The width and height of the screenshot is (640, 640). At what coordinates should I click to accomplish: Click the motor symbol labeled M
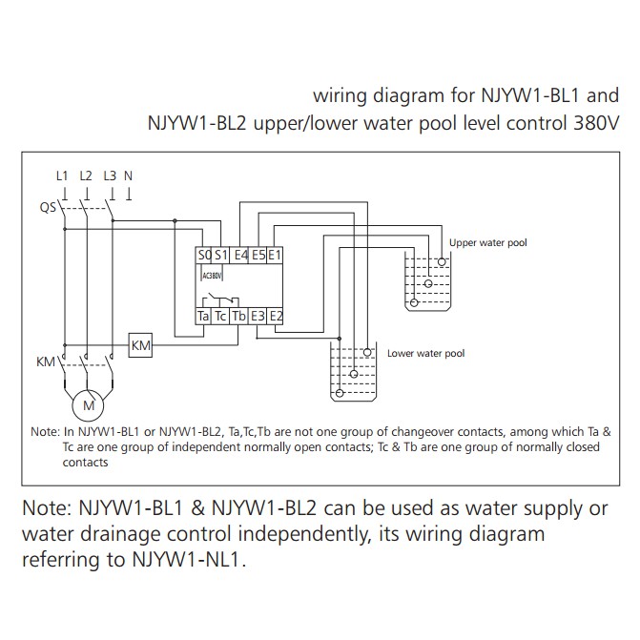pos(89,405)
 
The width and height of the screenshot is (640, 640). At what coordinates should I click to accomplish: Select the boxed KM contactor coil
pos(140,346)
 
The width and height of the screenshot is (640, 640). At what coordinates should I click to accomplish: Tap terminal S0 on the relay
pos(204,256)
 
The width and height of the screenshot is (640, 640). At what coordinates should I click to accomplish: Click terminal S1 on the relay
pos(221,256)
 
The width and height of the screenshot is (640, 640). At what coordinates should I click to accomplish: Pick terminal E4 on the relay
pos(241,256)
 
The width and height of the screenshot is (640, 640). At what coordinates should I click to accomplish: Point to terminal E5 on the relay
pos(258,256)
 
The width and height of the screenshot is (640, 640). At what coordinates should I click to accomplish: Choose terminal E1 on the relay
pos(276,256)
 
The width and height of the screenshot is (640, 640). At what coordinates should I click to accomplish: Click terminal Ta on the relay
pos(204,316)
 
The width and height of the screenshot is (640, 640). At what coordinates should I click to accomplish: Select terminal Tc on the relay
pos(221,316)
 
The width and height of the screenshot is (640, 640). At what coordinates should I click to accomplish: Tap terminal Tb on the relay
pos(239,316)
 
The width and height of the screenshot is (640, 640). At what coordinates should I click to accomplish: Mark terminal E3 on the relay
pos(258,316)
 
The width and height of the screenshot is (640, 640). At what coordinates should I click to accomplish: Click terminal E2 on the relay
pos(276,316)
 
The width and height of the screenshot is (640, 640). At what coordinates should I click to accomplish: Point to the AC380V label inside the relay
pos(212,275)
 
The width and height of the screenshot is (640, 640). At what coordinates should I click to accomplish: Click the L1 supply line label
pos(63,175)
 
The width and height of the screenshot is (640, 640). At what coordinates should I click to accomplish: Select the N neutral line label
pos(129,175)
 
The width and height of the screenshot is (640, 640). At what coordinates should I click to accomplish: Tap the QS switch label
pos(47,207)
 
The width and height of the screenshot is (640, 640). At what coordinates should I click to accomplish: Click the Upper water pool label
pos(487,243)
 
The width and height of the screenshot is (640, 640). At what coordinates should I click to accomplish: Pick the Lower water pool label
pos(425,353)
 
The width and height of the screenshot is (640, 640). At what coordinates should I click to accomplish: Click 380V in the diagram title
pos(596,124)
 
